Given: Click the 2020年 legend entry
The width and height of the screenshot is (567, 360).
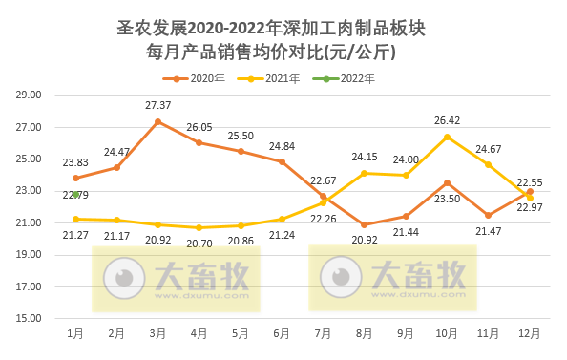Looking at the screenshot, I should pos(199,78).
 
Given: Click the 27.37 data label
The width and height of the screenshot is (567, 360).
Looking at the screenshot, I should pos(157,105).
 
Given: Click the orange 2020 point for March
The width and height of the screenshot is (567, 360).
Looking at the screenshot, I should pos(157,121).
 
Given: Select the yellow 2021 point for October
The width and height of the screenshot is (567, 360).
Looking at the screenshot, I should pos(447,137).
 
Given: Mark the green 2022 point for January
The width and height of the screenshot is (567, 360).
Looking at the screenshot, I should pos(75,195).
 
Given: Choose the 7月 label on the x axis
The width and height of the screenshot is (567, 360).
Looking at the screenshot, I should pos(323,334).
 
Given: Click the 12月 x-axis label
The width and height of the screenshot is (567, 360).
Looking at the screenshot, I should pos(530,334).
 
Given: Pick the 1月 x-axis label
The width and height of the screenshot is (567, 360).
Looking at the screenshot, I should pos(75,334).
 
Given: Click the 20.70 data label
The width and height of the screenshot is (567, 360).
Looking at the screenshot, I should pos(199,244).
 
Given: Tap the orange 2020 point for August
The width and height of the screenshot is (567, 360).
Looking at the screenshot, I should pos(365,224).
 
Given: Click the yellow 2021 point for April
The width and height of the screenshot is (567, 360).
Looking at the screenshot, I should pos(199,228).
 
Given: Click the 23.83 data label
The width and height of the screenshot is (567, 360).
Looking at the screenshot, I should pos(76,162).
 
